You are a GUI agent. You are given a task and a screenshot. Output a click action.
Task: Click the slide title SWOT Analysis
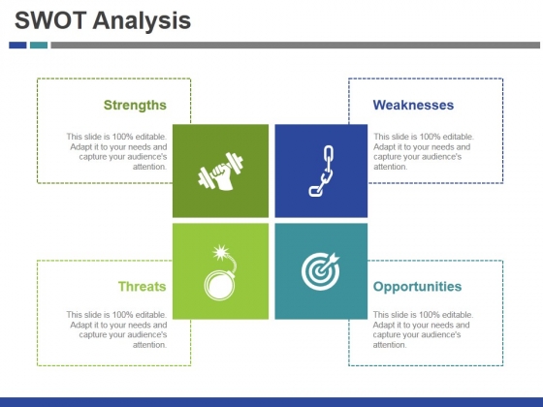pos(103,20)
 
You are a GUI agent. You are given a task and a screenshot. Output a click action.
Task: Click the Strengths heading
pos(135,105)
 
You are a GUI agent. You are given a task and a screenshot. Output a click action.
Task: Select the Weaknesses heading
pos(413,105)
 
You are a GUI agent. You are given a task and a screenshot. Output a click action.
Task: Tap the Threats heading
pos(142,286)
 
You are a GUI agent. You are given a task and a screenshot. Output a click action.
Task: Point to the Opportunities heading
pos(417,286)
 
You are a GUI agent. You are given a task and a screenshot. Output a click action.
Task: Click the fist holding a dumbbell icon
pos(220,172)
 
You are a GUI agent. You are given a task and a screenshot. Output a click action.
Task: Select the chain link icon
pos(321,171)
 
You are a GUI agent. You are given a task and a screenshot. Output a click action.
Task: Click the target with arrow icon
pos(321,271)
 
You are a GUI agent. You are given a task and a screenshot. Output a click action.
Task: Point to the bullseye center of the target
pos(318,274)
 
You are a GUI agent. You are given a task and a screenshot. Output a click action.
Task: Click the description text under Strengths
pos(116,151)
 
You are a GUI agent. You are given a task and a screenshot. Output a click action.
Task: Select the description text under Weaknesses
pos(424,151)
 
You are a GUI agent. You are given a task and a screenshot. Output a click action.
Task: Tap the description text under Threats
pos(116,329)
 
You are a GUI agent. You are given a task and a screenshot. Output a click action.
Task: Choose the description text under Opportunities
pos(424,329)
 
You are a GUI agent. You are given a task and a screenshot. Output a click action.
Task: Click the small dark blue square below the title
pos(17,45)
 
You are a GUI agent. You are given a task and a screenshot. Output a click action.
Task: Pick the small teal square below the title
pos(39,45)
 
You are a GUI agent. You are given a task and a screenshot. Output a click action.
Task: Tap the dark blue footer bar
pos(271,401)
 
